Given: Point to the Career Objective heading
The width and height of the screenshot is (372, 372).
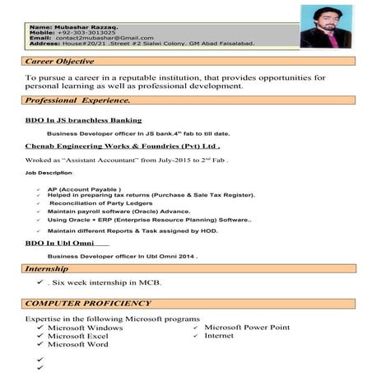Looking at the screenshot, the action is tap(59, 62).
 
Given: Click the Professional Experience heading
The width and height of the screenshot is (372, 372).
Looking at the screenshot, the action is tap(78, 100).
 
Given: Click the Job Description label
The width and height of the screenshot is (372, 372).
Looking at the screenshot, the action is tap(49, 174).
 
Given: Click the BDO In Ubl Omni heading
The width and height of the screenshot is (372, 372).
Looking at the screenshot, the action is tap(62, 244).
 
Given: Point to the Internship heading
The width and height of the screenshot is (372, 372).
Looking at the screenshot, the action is tap(52, 269).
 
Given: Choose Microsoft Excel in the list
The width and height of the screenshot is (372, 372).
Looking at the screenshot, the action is tap(78, 336).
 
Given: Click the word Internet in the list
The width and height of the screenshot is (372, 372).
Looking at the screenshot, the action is tap(219, 336).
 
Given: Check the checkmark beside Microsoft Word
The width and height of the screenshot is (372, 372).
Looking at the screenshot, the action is tap(39, 345).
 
